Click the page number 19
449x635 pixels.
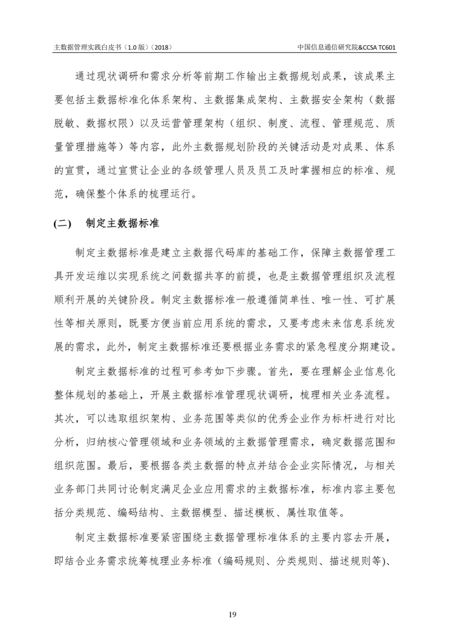point(233,615)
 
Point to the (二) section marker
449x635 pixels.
point(62,224)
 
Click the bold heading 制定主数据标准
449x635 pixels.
point(122,223)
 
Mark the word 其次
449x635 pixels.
point(64,419)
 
